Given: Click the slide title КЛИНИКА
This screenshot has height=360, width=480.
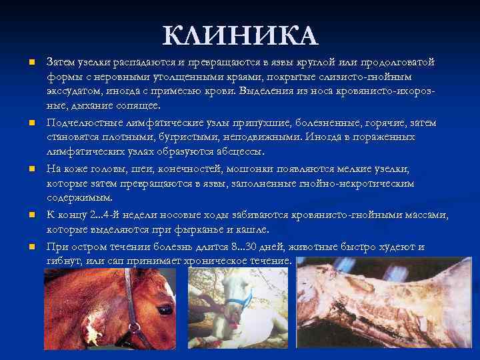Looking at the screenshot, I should point(240,35).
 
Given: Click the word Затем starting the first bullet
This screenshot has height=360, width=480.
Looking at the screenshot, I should point(61,62).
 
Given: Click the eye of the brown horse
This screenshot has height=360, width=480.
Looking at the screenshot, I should point(164,309).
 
